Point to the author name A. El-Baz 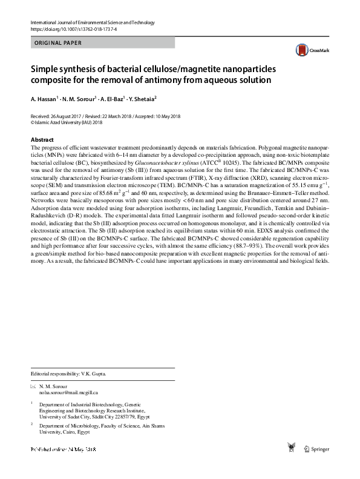pos(109,97)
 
